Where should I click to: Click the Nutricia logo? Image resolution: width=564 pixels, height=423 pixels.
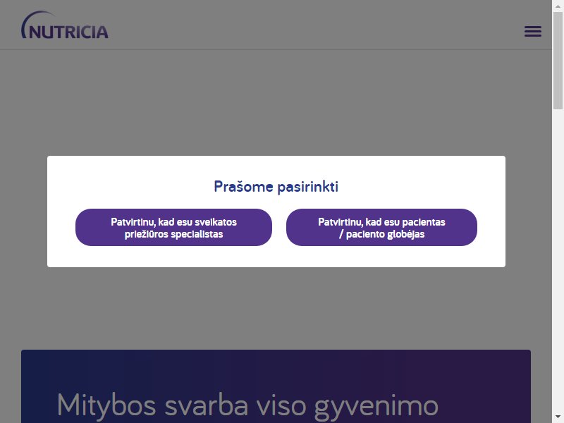65,25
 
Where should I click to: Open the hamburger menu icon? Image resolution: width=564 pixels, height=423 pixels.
533,31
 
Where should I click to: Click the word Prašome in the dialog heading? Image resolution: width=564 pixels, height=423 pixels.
243,187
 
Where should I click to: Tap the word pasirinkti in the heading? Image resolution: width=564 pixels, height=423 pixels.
308,187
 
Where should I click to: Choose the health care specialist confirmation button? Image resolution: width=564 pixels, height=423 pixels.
173,227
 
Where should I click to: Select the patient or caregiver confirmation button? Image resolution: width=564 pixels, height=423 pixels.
381,227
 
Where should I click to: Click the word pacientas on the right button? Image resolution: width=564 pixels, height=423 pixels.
424,222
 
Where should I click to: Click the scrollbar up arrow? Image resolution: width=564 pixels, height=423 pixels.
558,6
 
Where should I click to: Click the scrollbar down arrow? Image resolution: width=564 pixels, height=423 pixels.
558,417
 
